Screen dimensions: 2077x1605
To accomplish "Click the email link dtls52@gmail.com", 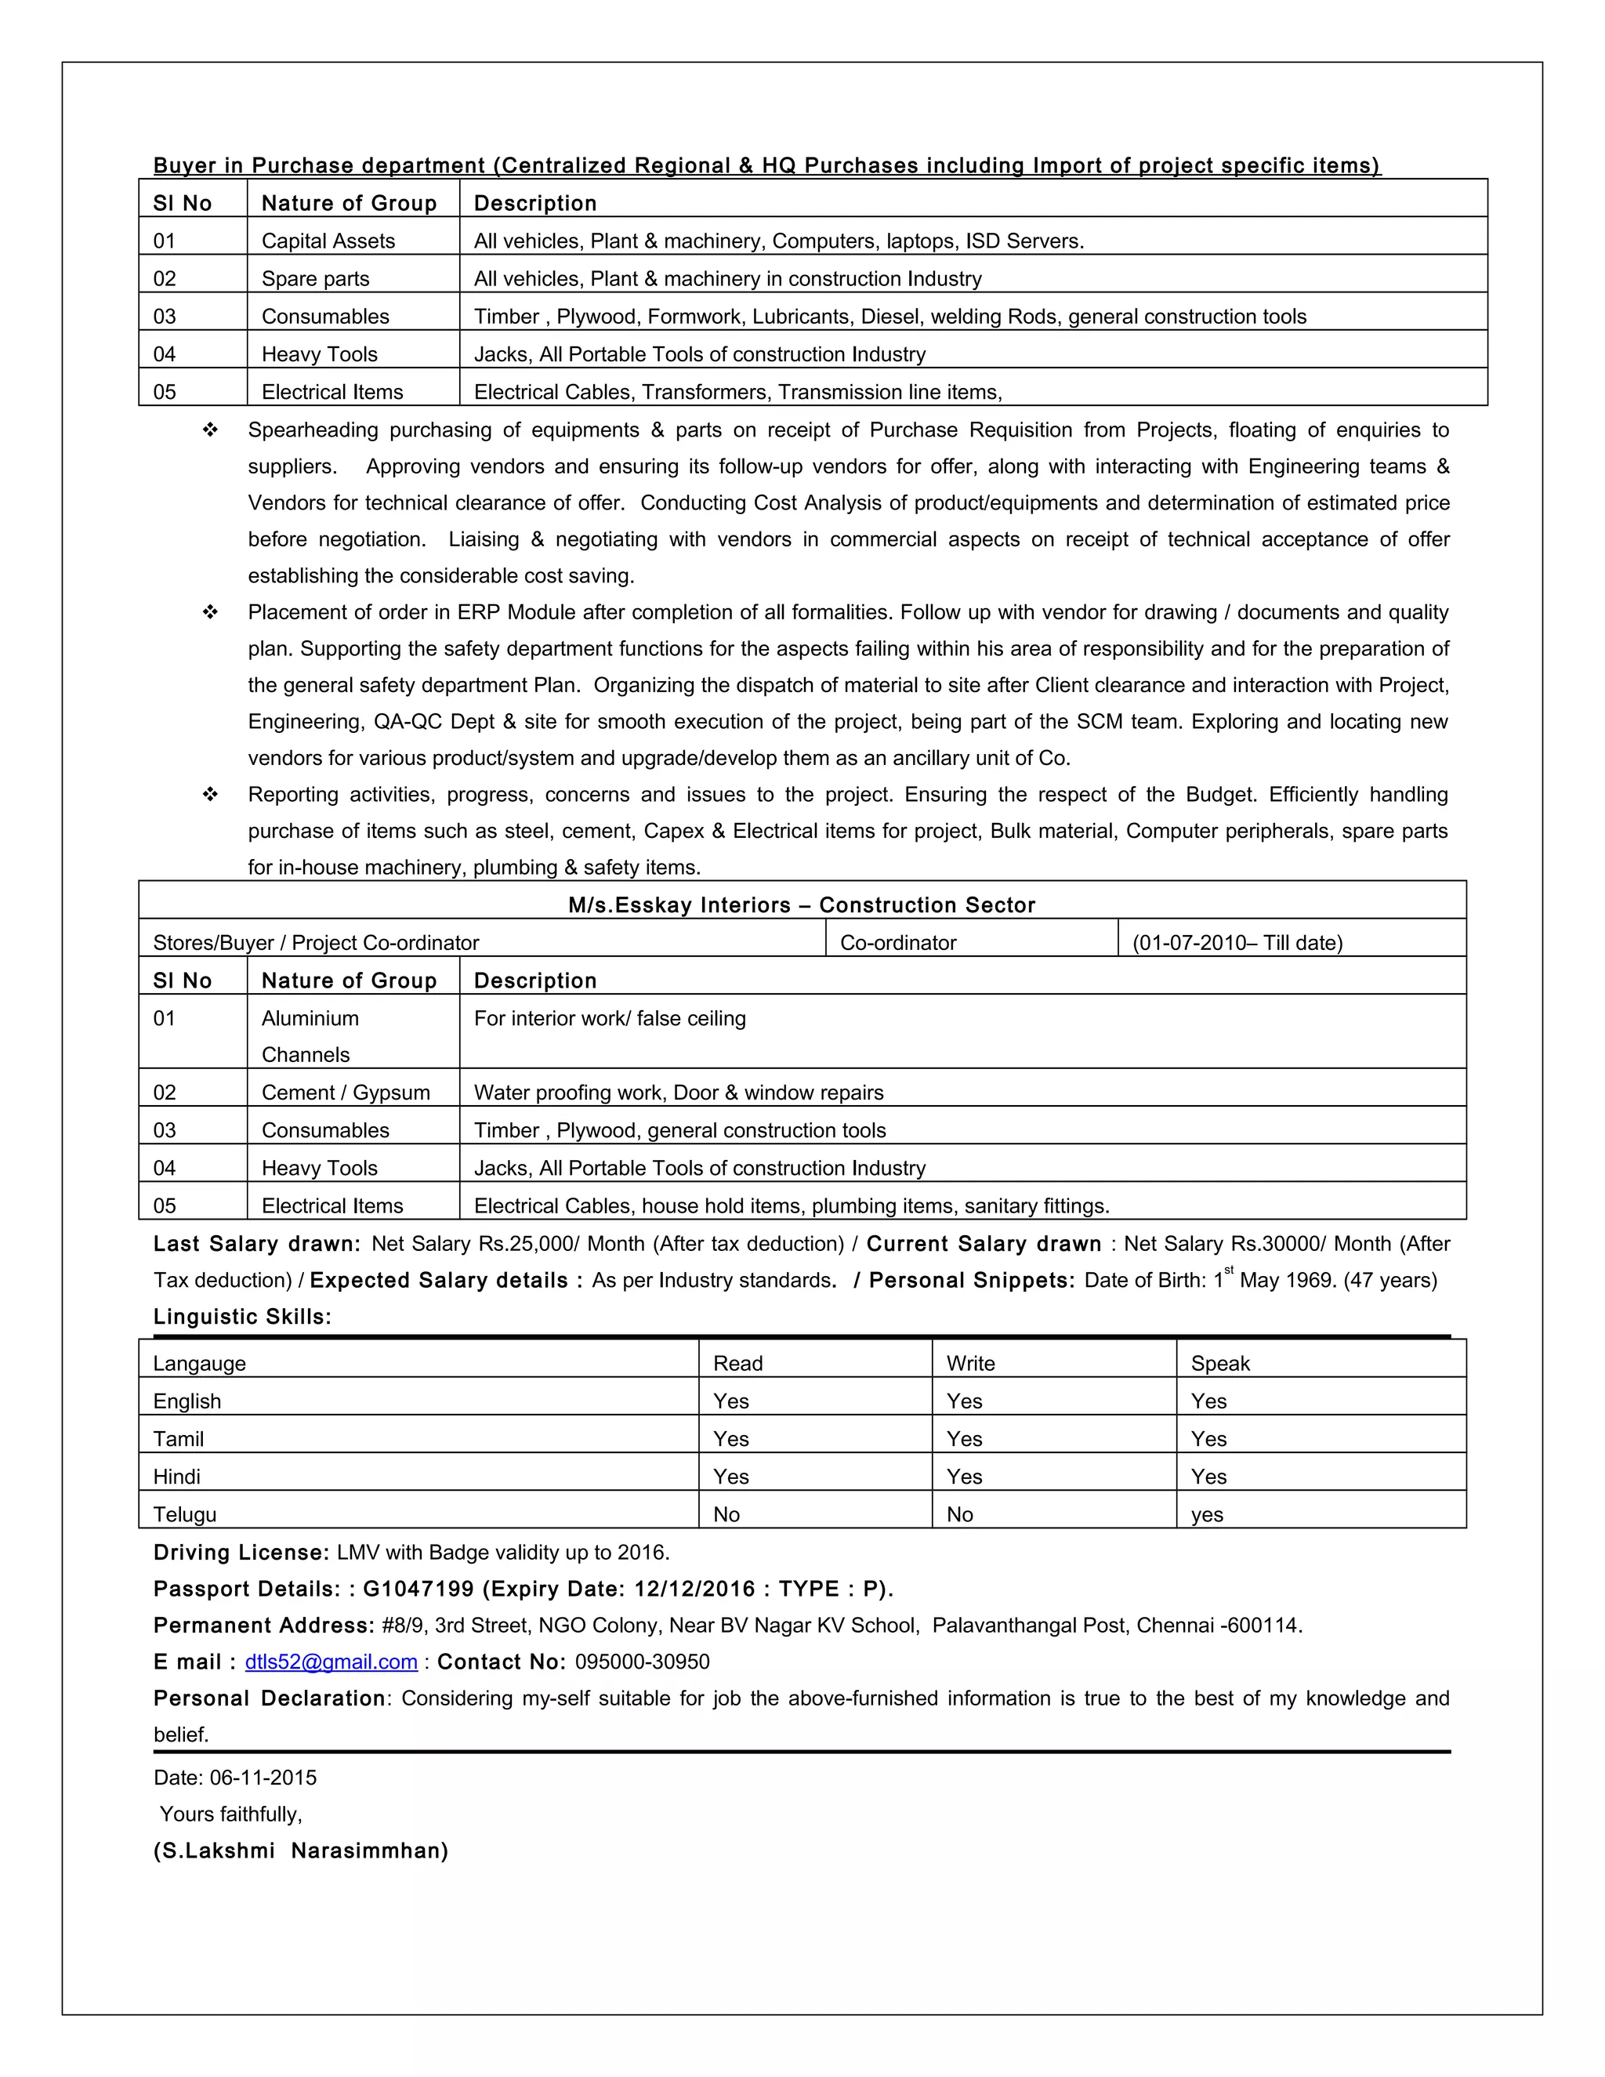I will (331, 1662).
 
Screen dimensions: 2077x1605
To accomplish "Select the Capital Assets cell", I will (328, 241).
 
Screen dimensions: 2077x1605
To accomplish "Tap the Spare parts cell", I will (315, 279).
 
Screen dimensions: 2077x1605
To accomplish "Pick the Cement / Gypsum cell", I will (345, 1092).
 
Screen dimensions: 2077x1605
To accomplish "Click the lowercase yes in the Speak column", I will (1207, 1514).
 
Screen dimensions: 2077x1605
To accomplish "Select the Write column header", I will (970, 1363).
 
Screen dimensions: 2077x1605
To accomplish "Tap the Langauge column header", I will (199, 1363).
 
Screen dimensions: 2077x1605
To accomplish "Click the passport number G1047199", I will (418, 1589).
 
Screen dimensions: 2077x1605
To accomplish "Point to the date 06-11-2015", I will (263, 1778).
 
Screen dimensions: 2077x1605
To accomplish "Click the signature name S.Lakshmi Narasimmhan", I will (300, 1850).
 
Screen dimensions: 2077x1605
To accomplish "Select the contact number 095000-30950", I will (642, 1662).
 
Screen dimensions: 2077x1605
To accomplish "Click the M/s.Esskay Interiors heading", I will (801, 904).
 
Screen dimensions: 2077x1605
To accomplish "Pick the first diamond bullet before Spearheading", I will (210, 430).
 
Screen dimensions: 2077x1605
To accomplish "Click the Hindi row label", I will (177, 1476).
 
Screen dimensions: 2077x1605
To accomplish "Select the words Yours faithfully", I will (230, 1814).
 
